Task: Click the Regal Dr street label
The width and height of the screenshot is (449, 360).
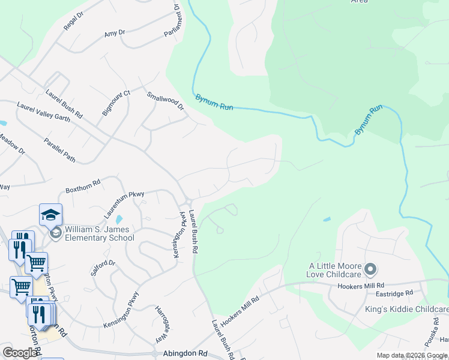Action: (73, 22)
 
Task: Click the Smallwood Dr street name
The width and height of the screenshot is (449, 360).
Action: (165, 101)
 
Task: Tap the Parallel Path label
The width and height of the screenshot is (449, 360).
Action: (59, 150)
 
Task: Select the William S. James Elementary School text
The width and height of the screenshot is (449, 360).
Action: (99, 233)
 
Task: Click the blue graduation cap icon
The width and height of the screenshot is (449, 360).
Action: (51, 214)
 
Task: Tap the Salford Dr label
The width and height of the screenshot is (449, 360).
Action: (103, 267)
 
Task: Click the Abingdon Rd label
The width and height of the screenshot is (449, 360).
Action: (184, 354)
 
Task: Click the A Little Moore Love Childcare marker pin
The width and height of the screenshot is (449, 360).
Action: (370, 268)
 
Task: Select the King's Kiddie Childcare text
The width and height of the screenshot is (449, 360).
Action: (407, 309)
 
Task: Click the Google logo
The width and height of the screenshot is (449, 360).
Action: (20, 353)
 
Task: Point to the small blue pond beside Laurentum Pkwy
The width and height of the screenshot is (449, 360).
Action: (119, 220)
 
